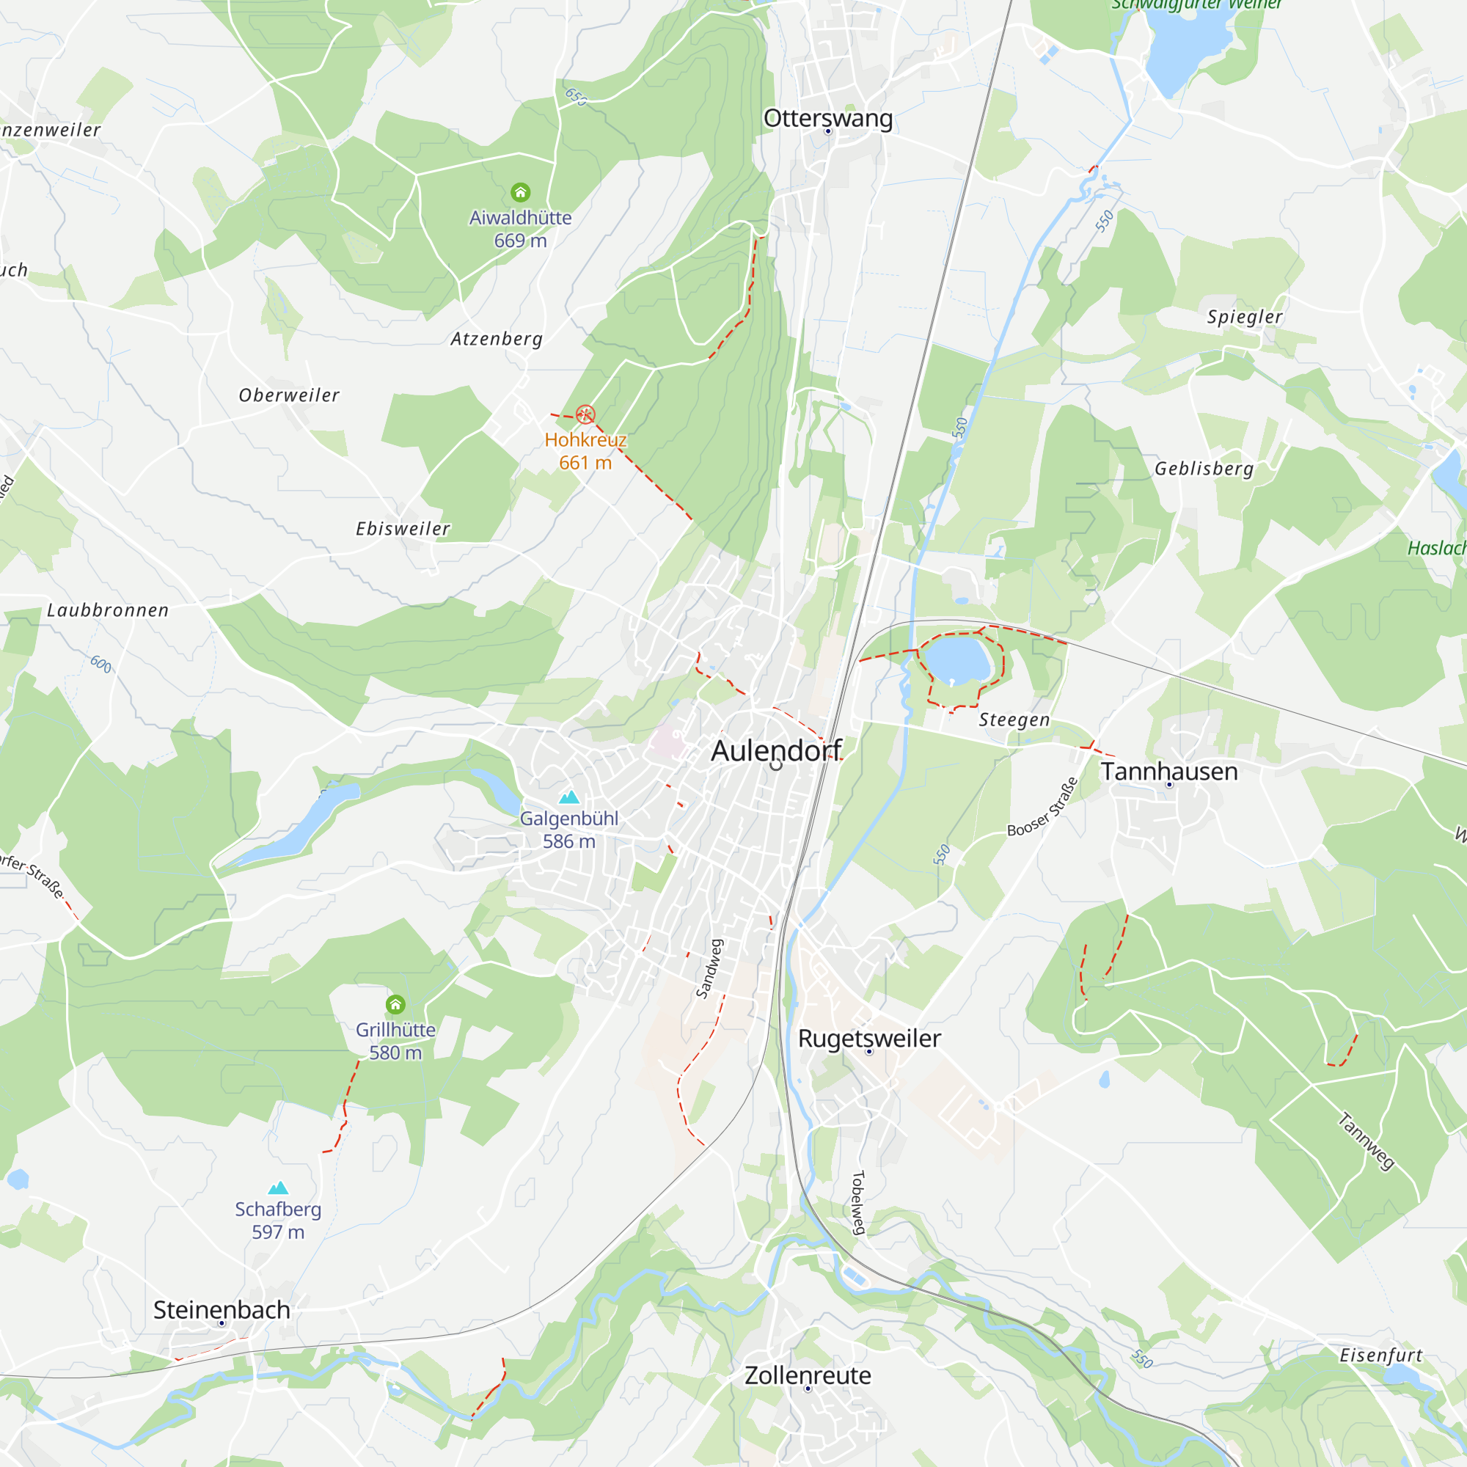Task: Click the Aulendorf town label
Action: click(776, 751)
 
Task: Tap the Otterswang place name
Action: click(827, 118)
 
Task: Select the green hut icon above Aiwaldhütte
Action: click(520, 192)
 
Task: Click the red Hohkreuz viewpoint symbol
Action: click(585, 414)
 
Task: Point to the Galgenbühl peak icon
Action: click(568, 797)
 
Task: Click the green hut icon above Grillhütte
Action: click(395, 1006)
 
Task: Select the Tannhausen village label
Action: click(1168, 772)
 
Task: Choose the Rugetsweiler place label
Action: click(868, 1038)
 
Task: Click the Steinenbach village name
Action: click(222, 1309)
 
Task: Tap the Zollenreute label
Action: click(807, 1375)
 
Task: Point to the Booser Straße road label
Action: click(1042, 807)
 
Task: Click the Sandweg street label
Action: click(709, 968)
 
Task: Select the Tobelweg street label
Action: click(858, 1203)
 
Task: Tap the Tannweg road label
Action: click(1365, 1141)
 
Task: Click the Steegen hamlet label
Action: click(1014, 720)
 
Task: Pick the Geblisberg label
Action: click(1204, 469)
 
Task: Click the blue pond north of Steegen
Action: click(957, 661)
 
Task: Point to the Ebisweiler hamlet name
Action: click(403, 528)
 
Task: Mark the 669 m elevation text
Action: click(520, 241)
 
